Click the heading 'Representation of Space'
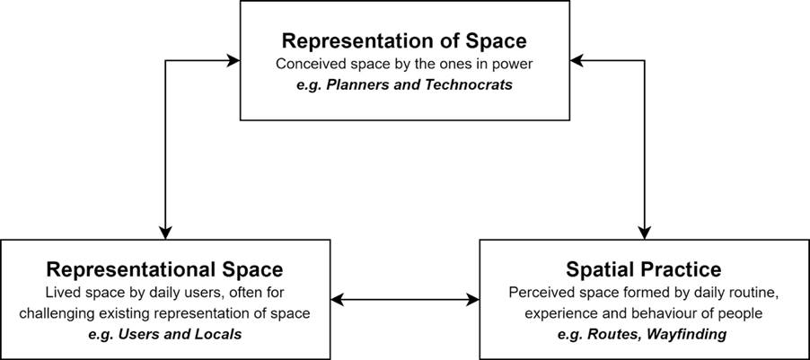pos(404,41)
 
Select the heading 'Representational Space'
pos(165,269)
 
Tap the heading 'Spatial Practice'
pos(643,269)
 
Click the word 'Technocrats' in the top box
pos(469,84)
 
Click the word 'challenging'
pos(63,313)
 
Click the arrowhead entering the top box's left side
pos(233,60)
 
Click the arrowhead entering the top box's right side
pos(577,60)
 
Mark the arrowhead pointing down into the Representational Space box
pos(165,233)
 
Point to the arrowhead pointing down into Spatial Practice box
pos(644,233)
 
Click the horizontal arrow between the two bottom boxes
pos(405,299)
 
